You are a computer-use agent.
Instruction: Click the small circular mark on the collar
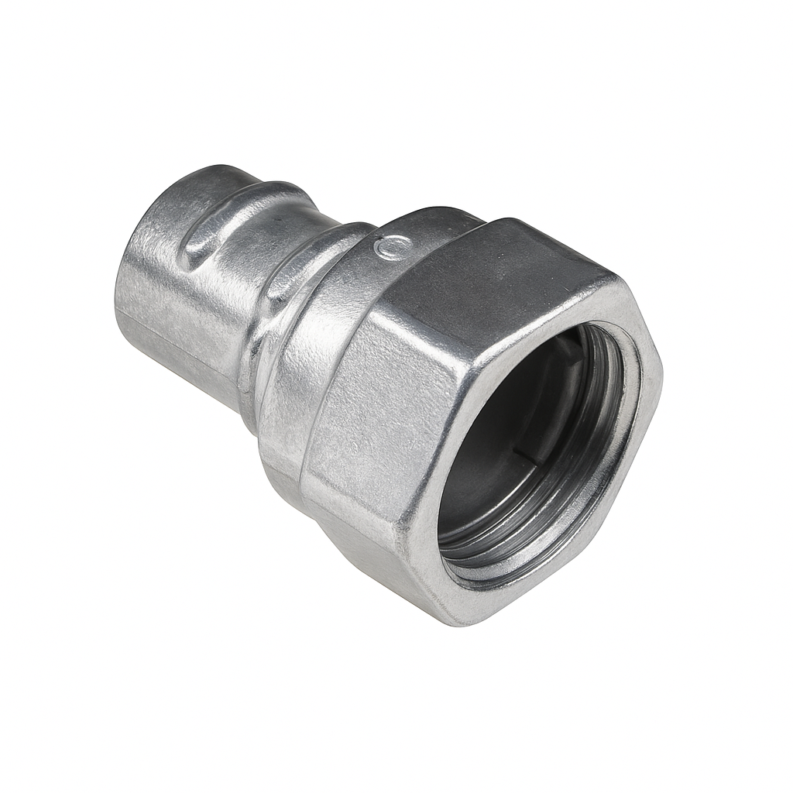tap(385, 248)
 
